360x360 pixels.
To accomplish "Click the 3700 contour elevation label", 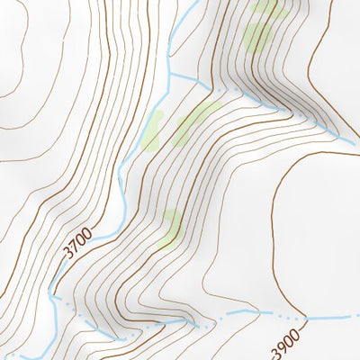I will [x=77, y=244].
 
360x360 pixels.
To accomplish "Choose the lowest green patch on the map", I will [x=170, y=229].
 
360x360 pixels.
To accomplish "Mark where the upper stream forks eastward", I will [x=169, y=76].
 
